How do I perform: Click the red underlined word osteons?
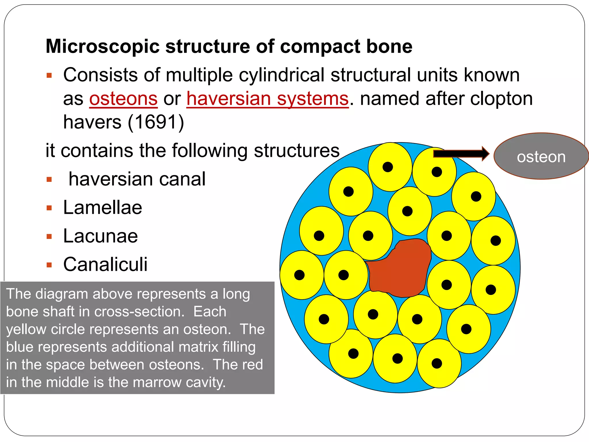[x=123, y=99]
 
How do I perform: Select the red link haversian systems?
[x=267, y=99]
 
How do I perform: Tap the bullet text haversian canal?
[x=137, y=179]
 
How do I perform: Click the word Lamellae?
[x=102, y=207]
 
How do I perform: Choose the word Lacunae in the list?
[x=100, y=236]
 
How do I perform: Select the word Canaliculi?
[x=105, y=264]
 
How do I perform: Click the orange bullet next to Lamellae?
[x=49, y=208]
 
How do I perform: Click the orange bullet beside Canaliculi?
[x=49, y=265]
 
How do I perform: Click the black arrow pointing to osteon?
[x=460, y=154]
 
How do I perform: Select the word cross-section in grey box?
[x=139, y=312]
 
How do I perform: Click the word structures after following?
[x=297, y=150]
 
